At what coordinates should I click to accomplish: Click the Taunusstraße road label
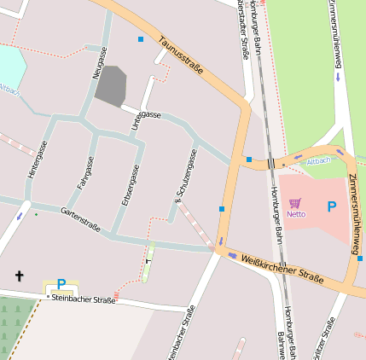tap(180, 55)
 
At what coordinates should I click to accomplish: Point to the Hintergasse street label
tap(37, 160)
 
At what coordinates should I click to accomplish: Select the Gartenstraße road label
tap(80, 219)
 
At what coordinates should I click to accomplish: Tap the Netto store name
tap(296, 214)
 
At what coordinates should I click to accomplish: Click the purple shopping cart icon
tap(295, 203)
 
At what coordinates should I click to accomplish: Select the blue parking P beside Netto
tap(331, 206)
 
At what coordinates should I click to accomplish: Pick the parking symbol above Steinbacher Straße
tap(61, 284)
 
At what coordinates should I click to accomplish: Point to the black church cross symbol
tap(19, 276)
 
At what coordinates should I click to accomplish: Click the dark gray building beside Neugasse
tap(111, 86)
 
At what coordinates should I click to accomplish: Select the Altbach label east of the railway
tap(317, 160)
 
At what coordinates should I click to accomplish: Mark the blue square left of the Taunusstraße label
tap(141, 39)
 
